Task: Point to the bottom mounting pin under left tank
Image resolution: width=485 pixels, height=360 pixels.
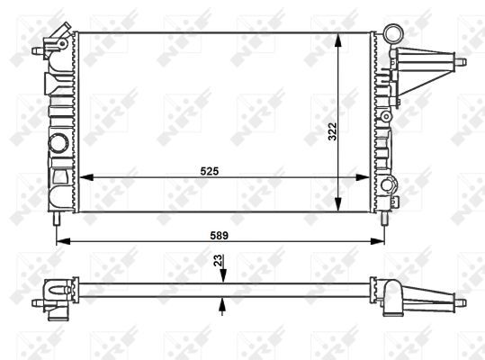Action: click(57, 219)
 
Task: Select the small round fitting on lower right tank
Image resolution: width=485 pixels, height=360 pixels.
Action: click(391, 186)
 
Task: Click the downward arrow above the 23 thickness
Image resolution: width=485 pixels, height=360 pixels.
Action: click(221, 277)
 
